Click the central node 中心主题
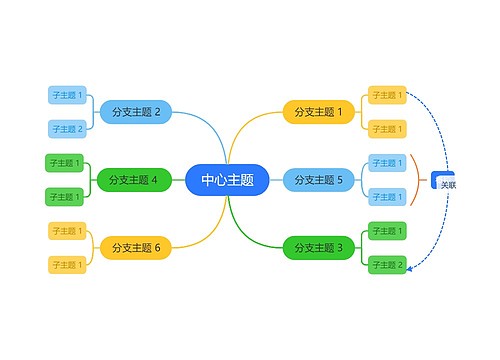[x=227, y=180]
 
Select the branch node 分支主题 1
[x=318, y=112]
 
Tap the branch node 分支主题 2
[x=136, y=112]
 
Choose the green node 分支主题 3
[x=318, y=247]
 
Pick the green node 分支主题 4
[x=134, y=180]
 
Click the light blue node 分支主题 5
[x=318, y=180]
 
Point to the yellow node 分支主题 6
[x=136, y=247]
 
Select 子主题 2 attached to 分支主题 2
[x=68, y=129]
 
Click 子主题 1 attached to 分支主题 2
[x=68, y=95]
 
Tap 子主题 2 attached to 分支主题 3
[x=387, y=264]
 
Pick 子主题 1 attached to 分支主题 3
[x=387, y=231]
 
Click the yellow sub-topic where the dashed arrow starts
[x=387, y=95]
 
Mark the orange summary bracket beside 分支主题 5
[x=415, y=180]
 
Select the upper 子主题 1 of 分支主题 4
[x=66, y=163]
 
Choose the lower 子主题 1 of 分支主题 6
[x=68, y=264]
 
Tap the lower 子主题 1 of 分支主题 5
[x=387, y=197]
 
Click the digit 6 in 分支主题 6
[x=156, y=247]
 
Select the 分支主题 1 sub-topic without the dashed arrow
[x=387, y=129]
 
